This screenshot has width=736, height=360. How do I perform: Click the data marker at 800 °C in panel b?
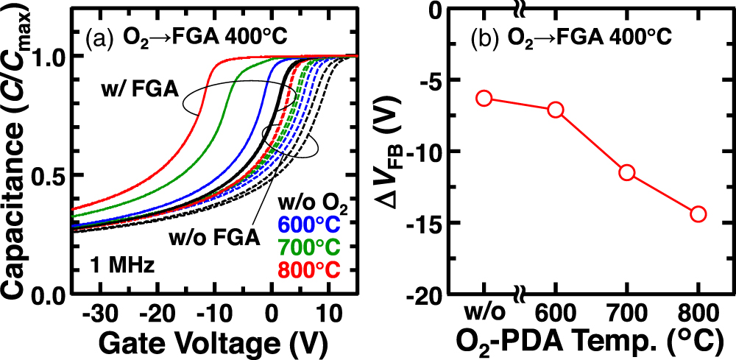[698, 214]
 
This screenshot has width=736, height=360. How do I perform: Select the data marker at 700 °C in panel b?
[627, 172]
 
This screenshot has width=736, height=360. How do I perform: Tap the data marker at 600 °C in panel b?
[556, 110]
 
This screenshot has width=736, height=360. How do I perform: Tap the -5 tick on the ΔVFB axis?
[432, 80]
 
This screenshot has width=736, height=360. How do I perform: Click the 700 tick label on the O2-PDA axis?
[627, 312]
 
